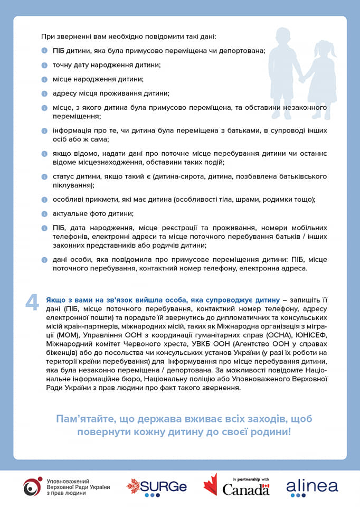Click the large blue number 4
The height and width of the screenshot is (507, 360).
coord(32,301)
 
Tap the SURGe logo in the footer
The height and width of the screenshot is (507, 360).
coord(156,487)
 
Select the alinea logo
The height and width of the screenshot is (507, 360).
coord(312,487)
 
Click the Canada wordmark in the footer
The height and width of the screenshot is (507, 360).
coord(246,490)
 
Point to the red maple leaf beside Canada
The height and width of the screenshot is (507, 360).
coord(211,484)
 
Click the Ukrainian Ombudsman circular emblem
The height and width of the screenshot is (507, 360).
coord(33,486)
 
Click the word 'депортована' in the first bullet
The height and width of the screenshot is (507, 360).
coord(241,51)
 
